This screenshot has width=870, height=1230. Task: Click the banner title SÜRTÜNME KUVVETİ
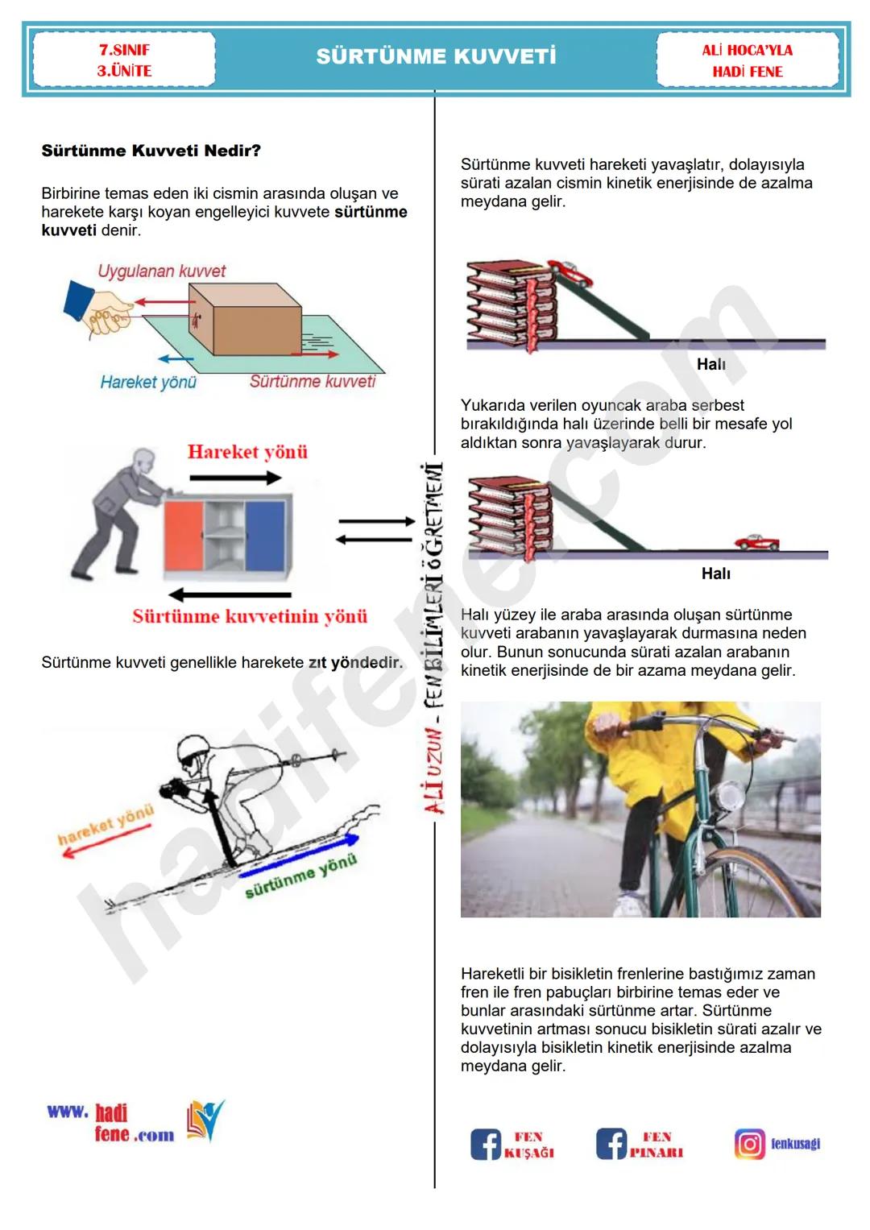coord(436,56)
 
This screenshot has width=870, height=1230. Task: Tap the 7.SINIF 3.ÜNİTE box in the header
coord(124,60)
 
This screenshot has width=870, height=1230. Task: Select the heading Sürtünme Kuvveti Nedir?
coord(151,151)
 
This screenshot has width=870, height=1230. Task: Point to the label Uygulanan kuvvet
coord(161,271)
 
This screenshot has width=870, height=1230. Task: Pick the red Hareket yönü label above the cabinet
coord(247,452)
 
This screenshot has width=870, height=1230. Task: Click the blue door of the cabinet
coord(266,534)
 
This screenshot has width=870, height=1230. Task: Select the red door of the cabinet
coord(183,536)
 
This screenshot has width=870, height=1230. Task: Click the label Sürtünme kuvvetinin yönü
coord(250,617)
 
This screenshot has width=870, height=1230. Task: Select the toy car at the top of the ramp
coord(570,272)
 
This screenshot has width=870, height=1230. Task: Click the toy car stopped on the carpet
coord(756,542)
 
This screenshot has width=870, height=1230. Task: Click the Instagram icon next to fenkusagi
coord(749,1144)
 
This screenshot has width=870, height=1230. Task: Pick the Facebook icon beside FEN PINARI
coord(611,1144)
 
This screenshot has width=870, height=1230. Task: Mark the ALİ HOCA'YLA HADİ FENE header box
coord(748,60)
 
